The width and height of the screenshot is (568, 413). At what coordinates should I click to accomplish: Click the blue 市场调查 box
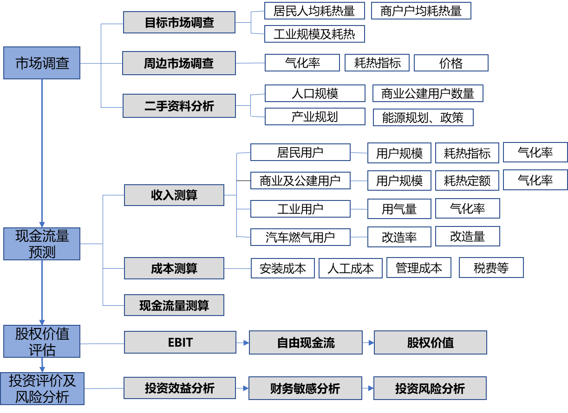pos(42,63)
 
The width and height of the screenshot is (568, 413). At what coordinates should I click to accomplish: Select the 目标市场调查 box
pos(179,23)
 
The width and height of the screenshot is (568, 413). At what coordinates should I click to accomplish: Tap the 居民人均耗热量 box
pos(314,11)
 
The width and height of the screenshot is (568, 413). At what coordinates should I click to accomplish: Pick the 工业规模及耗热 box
pos(314,34)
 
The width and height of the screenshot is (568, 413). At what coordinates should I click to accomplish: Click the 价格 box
pos(450,63)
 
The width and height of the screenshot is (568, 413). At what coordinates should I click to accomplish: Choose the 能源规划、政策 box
pos(423,117)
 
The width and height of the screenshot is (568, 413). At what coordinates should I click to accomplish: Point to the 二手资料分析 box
pos(179,106)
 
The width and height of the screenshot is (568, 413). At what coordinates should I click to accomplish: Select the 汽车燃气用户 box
pos(300,238)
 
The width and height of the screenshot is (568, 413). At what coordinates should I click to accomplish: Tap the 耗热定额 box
pos(467,181)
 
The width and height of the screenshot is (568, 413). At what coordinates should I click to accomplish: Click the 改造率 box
pos(399,237)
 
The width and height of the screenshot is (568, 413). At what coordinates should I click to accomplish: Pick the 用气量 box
pos(399,209)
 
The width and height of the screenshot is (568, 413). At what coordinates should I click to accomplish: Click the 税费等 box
pos(491,268)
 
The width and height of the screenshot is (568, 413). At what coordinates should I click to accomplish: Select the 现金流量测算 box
pos(174,305)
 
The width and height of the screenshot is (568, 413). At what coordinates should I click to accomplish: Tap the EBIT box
pos(180,343)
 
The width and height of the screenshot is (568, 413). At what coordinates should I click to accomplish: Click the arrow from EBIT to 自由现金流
pos(242,343)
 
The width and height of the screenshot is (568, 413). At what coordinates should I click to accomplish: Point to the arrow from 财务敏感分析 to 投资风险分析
pos(367,388)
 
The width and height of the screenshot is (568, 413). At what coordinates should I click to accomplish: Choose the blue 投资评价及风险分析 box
pos(42,389)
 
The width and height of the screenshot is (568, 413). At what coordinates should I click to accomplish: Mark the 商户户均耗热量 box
pos(421,11)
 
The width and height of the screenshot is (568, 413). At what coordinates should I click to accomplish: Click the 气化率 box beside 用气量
pos(467,209)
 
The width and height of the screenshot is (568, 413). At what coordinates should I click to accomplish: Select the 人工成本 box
pos(350,268)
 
